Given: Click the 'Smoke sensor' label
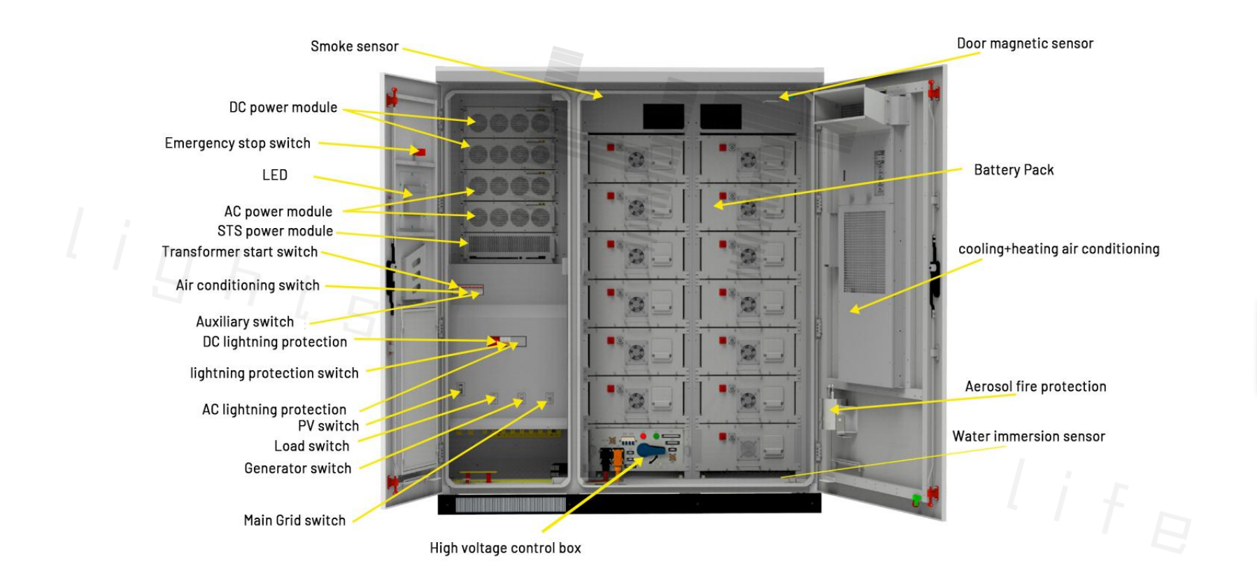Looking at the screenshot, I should point(354,47).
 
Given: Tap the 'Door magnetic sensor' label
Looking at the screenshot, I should point(1024,43).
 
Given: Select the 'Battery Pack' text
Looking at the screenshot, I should point(1013,170).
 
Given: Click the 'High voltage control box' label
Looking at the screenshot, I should point(505,548).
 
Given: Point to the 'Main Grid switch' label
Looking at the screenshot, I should point(294,520).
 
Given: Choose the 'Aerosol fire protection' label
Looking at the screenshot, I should point(1035,387).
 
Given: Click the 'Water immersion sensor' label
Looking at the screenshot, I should point(1028,436).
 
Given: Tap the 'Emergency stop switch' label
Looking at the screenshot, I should point(237,143).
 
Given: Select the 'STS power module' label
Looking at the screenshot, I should point(275,232).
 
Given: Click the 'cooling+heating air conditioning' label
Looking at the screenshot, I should point(1058,249).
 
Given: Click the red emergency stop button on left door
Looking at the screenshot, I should point(420,152).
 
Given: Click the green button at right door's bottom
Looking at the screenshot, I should point(916,500).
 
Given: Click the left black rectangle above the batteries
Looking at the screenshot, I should point(663,117).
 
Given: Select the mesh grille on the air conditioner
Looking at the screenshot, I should point(864,252).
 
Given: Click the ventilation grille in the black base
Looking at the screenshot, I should point(510,504).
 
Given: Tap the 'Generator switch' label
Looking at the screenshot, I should point(297,469).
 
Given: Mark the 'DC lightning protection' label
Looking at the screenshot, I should point(274,342).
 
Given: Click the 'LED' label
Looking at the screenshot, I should point(274,176).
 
